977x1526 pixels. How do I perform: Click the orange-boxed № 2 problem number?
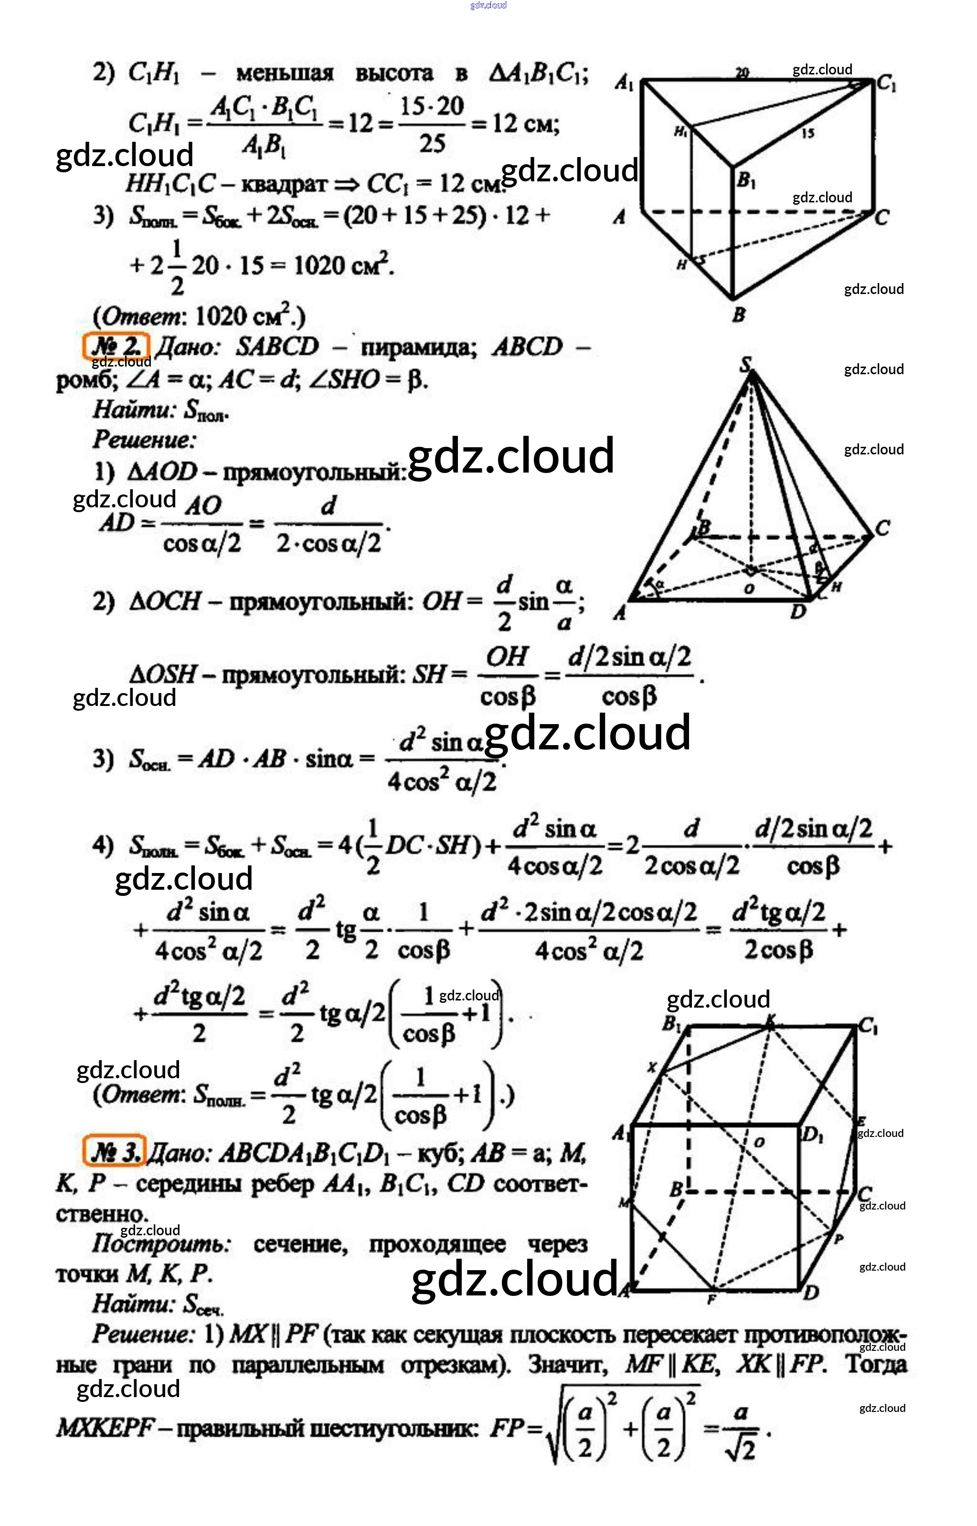[116, 346]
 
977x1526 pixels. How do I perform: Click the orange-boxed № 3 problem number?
[115, 1150]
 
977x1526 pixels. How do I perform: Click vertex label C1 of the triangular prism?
[887, 84]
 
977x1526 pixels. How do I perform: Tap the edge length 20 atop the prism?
[742, 72]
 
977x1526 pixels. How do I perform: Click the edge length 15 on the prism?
[807, 133]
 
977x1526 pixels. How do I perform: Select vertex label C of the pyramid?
[882, 527]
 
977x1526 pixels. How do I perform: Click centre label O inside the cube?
[759, 1142]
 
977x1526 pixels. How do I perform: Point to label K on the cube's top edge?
[771, 1020]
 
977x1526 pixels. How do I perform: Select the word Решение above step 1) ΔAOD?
[145, 439]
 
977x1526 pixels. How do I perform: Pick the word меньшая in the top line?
[285, 74]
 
